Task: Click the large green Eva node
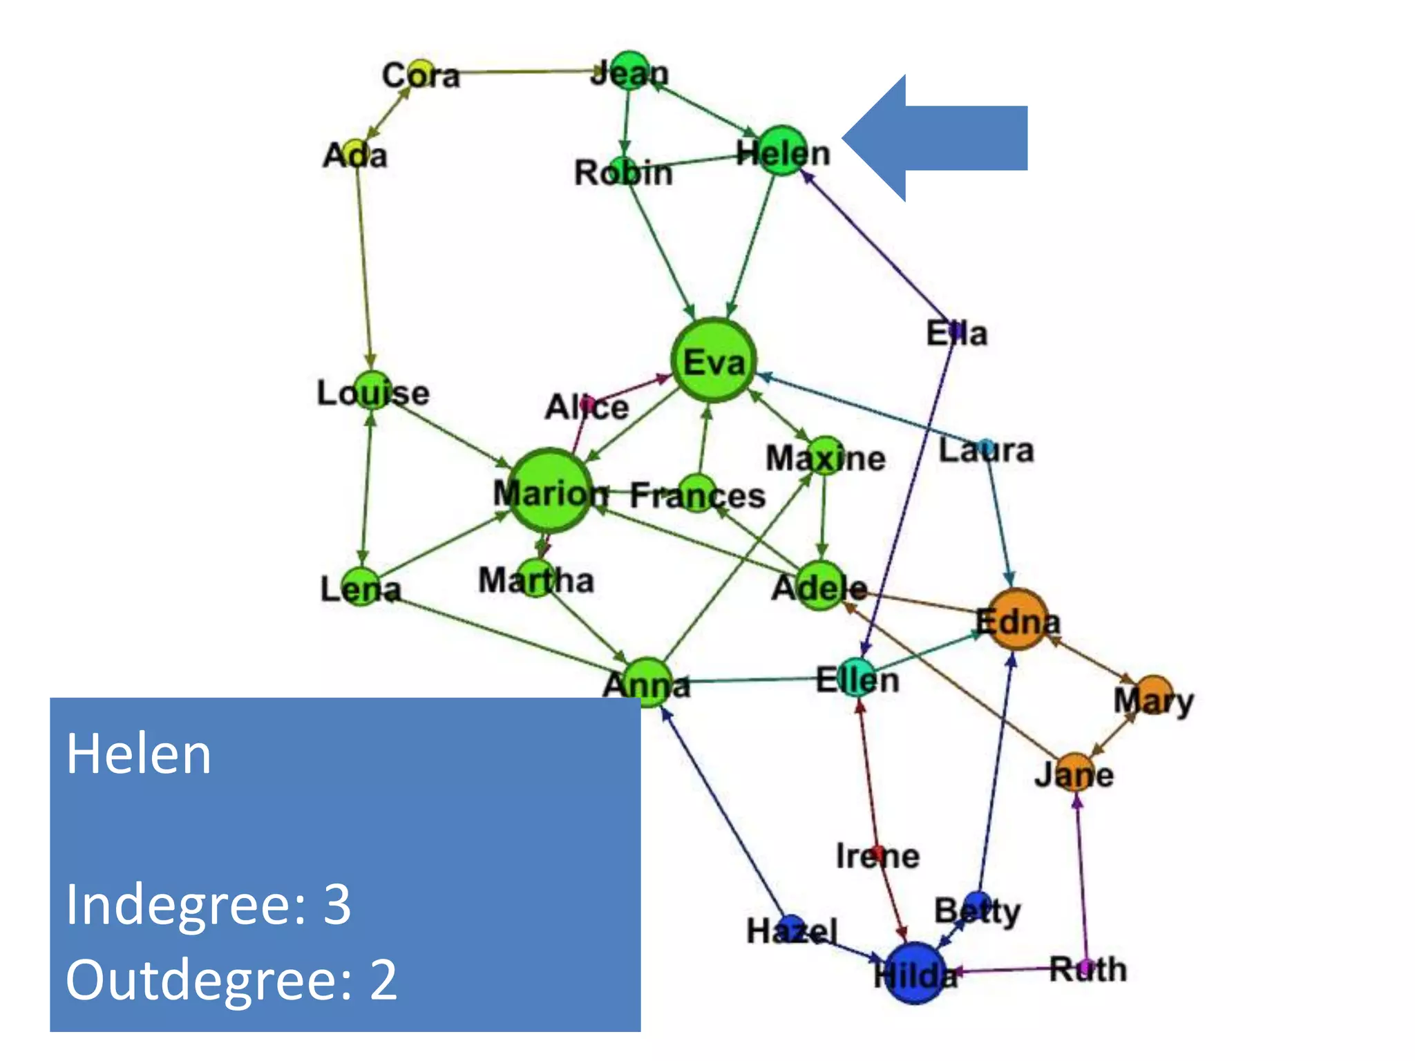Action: coord(714,360)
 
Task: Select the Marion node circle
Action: coord(551,491)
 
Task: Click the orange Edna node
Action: coord(1016,620)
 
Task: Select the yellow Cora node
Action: coord(419,73)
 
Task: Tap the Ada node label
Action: coord(355,155)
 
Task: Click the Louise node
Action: coord(372,390)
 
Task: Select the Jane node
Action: coord(1075,772)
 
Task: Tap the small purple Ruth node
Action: coord(1086,966)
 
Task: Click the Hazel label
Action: coord(792,931)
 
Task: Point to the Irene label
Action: coord(877,857)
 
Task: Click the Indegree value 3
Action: coord(337,904)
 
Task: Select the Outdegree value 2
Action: coord(383,979)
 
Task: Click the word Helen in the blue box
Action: coord(139,754)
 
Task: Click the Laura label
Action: coord(986,450)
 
